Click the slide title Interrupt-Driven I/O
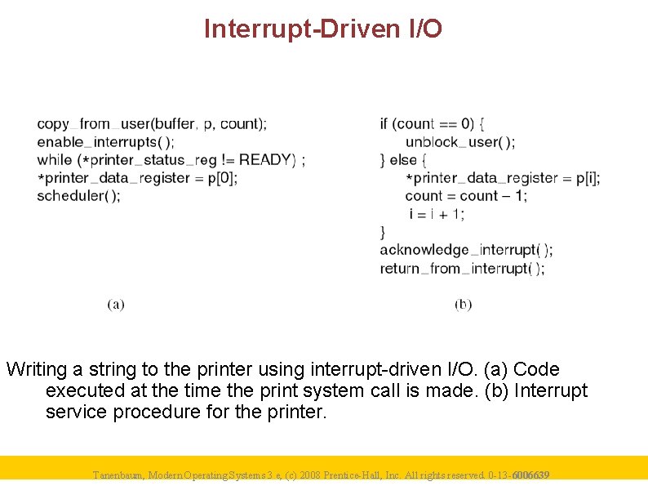323,29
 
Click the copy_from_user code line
151,124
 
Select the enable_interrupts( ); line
105,142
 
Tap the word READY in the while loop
267,160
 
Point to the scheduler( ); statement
78,195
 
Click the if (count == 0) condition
433,124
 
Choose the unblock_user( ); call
459,142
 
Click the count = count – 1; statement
466,196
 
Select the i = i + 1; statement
437,214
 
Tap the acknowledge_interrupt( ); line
466,250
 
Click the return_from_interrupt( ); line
462,268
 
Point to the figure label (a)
116,304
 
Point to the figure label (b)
464,304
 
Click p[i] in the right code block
587,178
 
